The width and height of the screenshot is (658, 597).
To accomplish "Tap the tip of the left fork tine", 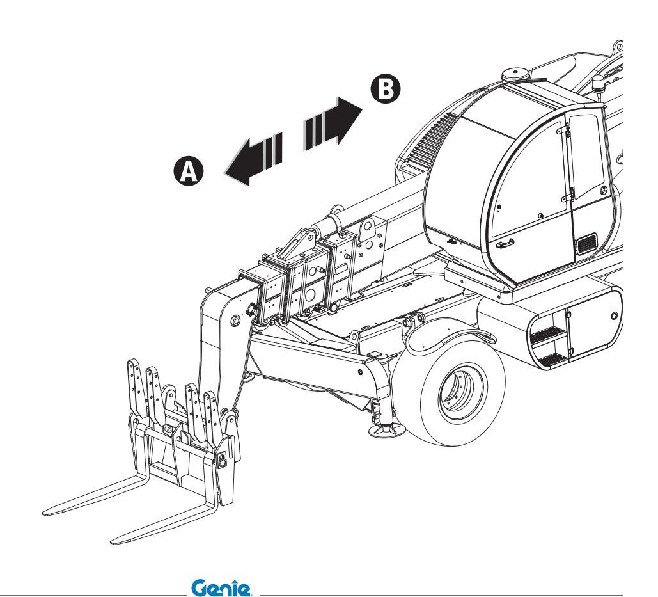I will click(46, 512).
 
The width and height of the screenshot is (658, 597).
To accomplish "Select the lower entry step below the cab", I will click(550, 358).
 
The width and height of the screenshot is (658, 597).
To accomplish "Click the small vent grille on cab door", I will click(586, 244).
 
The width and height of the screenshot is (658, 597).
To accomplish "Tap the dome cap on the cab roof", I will click(515, 74).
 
